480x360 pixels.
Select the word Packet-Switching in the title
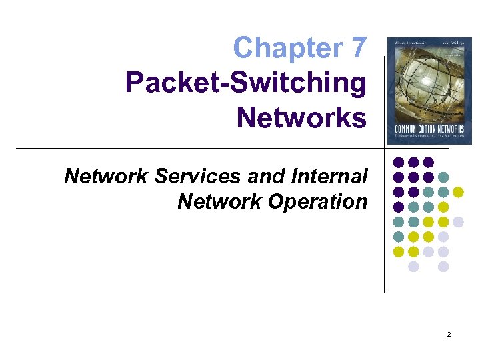246,83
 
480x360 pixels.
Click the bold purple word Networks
301,118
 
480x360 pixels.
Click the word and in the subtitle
267,176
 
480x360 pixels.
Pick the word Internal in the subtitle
329,176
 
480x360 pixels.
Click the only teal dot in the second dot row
443,177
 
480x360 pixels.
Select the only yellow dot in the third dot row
458,192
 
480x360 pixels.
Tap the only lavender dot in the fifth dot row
458,222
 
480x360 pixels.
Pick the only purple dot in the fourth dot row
399,207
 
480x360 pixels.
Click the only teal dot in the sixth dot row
399,237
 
